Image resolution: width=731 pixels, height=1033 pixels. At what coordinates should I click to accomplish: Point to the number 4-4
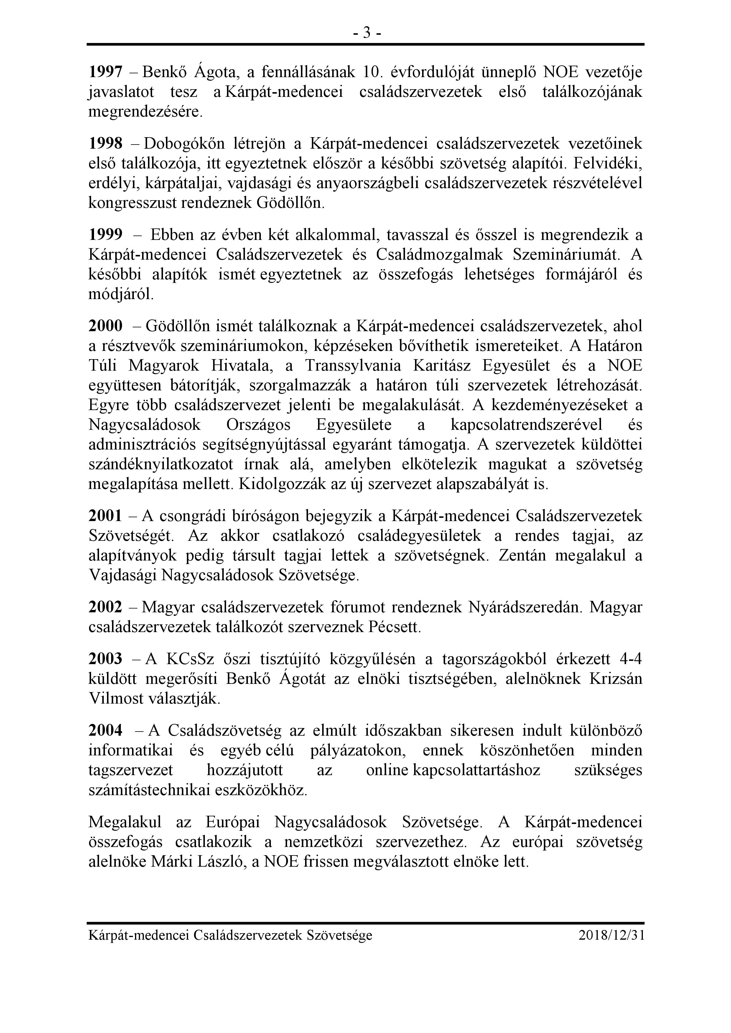(630, 659)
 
